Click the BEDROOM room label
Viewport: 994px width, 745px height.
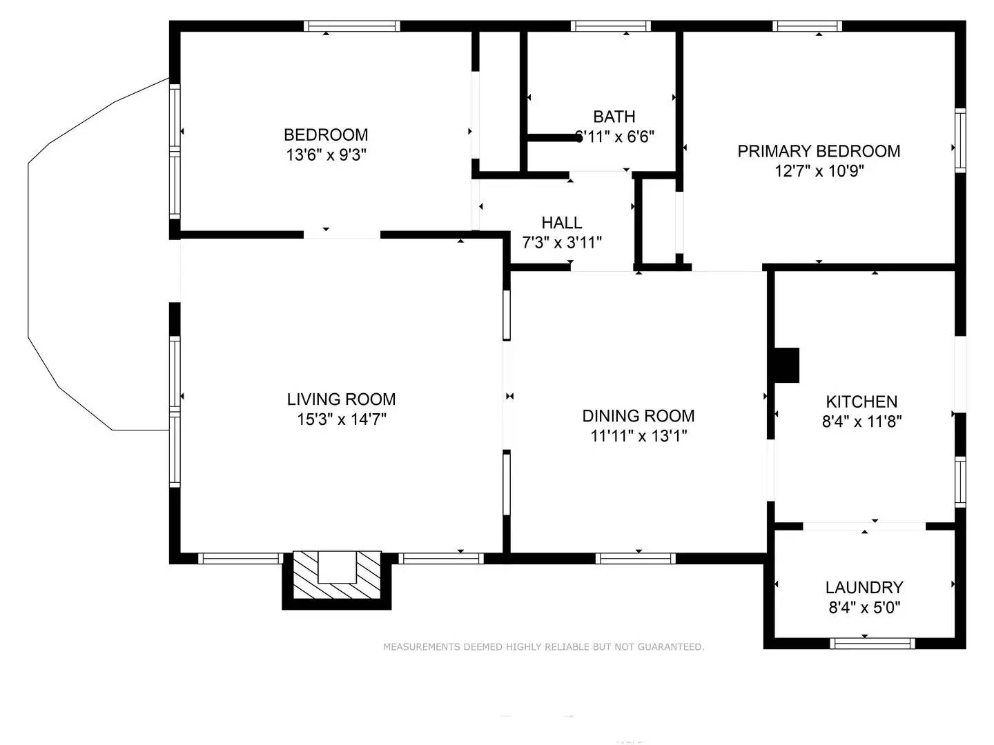pyautogui.click(x=326, y=135)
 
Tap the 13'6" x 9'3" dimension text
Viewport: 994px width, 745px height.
pyautogui.click(x=326, y=155)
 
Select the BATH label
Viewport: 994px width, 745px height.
pyautogui.click(x=614, y=117)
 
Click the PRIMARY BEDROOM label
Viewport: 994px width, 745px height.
pyautogui.click(x=819, y=151)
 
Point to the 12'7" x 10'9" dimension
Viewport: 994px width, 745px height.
pyautogui.click(x=819, y=171)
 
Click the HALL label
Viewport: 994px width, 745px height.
pyautogui.click(x=561, y=223)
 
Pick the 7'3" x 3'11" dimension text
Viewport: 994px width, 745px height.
pyautogui.click(x=561, y=243)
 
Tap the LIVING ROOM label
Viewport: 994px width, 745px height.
pyautogui.click(x=341, y=399)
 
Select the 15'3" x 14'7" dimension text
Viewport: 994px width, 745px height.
pyautogui.click(x=341, y=419)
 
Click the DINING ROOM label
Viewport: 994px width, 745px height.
pyautogui.click(x=638, y=416)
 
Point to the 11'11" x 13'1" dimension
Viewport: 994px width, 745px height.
pyautogui.click(x=638, y=436)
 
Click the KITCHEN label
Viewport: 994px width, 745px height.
pyautogui.click(x=861, y=401)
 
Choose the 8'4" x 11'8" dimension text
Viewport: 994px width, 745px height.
pyautogui.click(x=861, y=421)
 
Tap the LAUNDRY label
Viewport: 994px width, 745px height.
pyautogui.click(x=864, y=587)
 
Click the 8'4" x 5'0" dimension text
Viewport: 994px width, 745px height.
pyautogui.click(x=864, y=607)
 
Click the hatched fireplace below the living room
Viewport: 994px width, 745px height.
pyautogui.click(x=337, y=576)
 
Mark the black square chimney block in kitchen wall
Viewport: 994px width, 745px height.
pyautogui.click(x=787, y=365)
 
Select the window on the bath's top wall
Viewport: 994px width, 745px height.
pyautogui.click(x=611, y=26)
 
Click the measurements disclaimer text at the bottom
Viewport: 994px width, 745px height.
pyautogui.click(x=543, y=647)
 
